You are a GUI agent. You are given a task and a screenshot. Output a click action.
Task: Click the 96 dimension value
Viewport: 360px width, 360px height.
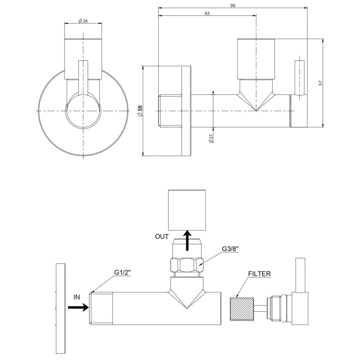point(232,6)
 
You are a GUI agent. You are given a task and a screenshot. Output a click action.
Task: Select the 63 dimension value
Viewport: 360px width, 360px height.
point(207,13)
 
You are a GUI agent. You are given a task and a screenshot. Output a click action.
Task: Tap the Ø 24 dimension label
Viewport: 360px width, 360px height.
point(83,21)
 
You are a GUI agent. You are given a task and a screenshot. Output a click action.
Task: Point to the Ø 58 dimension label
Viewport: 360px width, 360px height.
point(140,111)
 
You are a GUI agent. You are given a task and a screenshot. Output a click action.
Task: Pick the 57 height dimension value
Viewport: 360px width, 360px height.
point(321,83)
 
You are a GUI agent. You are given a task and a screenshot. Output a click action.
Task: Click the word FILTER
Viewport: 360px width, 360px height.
point(259,274)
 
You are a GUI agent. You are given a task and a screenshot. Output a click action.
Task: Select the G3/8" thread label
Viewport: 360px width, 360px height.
point(230,249)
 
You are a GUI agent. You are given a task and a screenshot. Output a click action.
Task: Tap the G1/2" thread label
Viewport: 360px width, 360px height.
point(123,272)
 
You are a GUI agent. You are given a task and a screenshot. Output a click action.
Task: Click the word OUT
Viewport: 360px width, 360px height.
point(162,236)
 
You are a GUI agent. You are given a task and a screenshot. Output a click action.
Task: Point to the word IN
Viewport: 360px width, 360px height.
point(77,297)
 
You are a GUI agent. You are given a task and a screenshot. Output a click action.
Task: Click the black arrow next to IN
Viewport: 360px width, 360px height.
point(78,307)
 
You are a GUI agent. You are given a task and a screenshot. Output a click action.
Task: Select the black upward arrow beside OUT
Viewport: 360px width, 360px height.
point(188,241)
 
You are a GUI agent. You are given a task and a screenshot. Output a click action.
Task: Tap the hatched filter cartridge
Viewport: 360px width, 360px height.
point(242,309)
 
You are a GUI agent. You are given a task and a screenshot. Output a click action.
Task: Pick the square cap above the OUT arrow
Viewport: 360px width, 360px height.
point(187,210)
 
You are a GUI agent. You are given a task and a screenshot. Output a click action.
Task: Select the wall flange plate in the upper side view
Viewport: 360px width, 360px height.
point(186,111)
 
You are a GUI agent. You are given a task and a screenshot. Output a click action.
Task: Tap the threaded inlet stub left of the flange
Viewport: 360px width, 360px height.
point(170,111)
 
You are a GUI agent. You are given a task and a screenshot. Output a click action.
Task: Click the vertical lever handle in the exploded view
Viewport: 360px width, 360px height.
point(300,275)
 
